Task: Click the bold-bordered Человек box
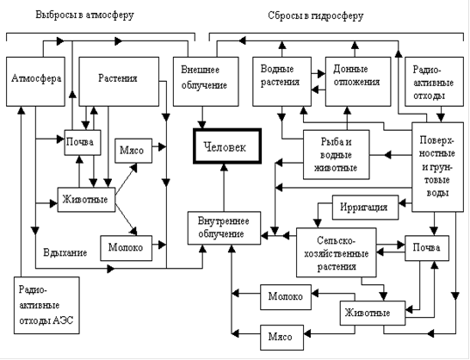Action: point(227,146)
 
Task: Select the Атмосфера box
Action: point(35,82)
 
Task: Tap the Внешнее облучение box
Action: point(206,82)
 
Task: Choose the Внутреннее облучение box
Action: point(224,228)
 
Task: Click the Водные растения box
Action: point(281,82)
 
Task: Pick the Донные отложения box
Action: point(358,82)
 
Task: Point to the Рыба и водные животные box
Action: point(337,154)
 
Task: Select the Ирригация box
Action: point(365,208)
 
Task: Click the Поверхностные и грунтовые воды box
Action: point(437,167)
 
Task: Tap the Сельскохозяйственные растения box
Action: point(337,252)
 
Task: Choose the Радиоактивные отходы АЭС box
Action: point(46,305)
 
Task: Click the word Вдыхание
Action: point(65,252)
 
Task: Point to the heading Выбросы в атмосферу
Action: point(85,15)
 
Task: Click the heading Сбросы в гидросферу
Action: point(316,16)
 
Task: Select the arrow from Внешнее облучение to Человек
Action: point(202,118)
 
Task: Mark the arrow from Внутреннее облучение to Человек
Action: point(224,188)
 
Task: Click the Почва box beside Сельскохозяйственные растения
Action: point(427,248)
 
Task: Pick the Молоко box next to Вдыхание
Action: point(126,248)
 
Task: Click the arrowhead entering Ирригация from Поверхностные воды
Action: point(403,204)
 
